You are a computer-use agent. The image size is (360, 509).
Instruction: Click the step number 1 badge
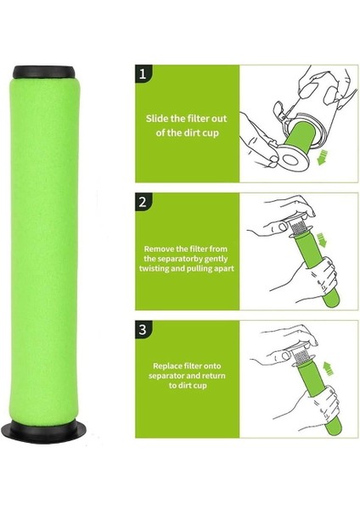[143, 73]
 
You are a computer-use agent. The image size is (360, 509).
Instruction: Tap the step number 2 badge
[143, 202]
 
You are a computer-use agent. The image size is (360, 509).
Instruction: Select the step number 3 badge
[143, 329]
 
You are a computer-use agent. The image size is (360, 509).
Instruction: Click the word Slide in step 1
[157, 119]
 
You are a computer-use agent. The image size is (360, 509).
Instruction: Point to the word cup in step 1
[211, 133]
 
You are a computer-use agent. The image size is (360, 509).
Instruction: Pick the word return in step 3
[213, 376]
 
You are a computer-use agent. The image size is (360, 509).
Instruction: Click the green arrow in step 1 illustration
[323, 158]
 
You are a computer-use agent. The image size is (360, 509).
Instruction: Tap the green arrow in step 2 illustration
[321, 240]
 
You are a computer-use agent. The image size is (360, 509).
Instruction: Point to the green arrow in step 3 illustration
[329, 369]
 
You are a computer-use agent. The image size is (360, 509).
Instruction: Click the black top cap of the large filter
[44, 72]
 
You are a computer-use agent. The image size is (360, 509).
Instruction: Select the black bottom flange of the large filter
[44, 432]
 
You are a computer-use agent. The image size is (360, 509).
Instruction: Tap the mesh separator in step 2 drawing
[296, 226]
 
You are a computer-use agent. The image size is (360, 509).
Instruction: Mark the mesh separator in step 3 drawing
[301, 355]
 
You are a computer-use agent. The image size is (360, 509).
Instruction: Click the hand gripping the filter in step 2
[320, 276]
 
